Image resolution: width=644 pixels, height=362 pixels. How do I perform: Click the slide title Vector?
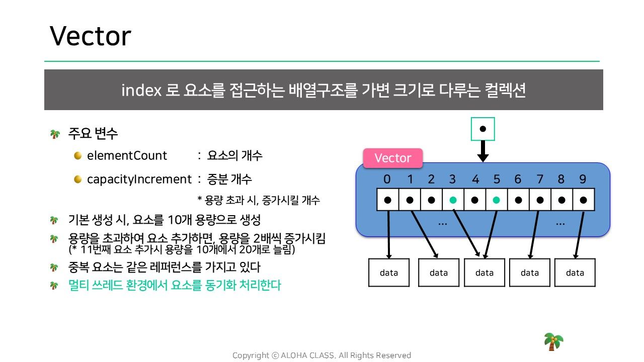(91, 36)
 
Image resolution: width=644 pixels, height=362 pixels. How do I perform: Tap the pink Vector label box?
(393, 158)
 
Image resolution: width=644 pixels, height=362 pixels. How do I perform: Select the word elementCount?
(127, 155)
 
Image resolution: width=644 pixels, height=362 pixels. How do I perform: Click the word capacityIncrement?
(139, 179)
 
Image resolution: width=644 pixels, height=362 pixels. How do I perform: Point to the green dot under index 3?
(453, 200)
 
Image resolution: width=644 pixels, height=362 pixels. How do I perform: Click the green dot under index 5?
(496, 200)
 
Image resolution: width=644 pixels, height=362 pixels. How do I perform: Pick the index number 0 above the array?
(387, 179)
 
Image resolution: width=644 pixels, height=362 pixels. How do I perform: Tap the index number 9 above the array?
(583, 179)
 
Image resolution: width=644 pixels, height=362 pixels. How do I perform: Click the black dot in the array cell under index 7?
(540, 200)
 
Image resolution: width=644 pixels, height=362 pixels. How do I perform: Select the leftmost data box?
(389, 273)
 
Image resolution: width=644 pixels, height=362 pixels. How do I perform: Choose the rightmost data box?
(575, 273)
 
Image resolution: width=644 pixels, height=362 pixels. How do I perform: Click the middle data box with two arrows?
(485, 273)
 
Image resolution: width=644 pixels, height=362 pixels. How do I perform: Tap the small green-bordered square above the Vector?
(482, 129)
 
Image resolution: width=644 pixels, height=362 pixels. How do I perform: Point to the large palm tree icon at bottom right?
(553, 342)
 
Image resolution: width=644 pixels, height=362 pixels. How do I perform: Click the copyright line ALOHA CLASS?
(321, 355)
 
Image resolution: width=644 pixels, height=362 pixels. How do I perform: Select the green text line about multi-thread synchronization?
(175, 285)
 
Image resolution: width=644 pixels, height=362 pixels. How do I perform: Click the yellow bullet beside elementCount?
(77, 155)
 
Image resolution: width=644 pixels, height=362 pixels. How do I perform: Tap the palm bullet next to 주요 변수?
(55, 134)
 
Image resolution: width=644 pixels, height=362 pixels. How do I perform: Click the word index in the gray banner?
(141, 90)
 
